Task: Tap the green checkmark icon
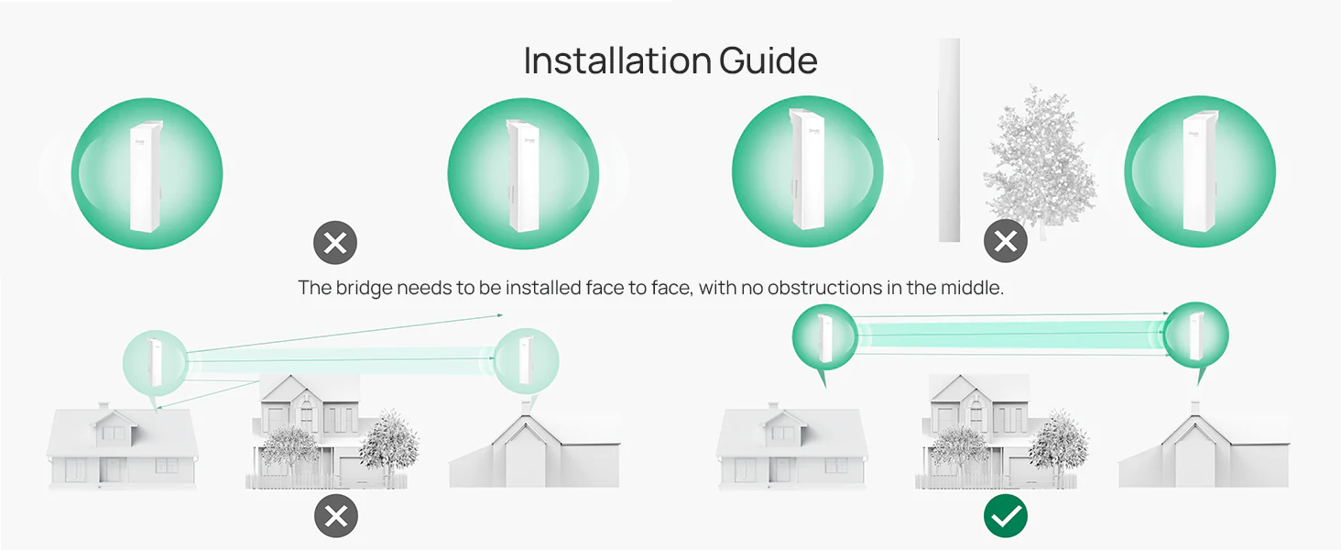(1006, 516)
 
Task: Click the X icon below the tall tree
(1006, 241)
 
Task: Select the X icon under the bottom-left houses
(336, 516)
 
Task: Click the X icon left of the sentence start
(335, 243)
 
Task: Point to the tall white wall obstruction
(949, 140)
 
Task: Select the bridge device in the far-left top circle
(146, 176)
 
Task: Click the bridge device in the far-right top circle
(1200, 171)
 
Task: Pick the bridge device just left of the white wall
(807, 169)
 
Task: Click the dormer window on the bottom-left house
(114, 433)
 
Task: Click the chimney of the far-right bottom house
(1195, 407)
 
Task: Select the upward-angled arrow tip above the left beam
(502, 314)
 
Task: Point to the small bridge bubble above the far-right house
(1196, 336)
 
